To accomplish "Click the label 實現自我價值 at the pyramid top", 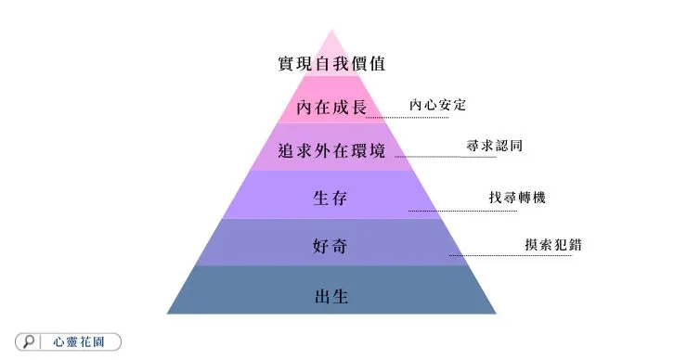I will tap(331, 65).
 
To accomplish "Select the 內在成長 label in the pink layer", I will tap(331, 109).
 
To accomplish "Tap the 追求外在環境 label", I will tap(331, 151).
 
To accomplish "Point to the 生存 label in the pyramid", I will tap(331, 197).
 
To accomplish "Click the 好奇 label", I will tap(331, 247).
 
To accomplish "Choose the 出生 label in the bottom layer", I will tap(331, 297).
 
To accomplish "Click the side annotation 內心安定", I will tap(438, 105).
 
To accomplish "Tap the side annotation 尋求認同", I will tap(495, 146).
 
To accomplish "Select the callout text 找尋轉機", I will tap(516, 198).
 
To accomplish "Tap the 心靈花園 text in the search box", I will tap(84, 341).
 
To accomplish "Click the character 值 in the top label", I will tap(401, 65).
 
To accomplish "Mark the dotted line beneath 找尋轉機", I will tap(464, 211).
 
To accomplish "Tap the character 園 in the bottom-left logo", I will tap(110, 341).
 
